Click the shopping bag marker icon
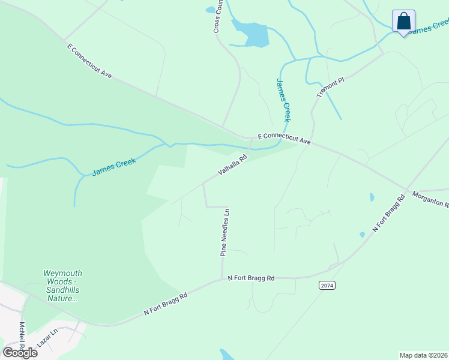pos(404,22)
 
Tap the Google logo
pos(20,352)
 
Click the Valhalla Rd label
pos(232,167)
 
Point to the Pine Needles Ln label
pos(225,233)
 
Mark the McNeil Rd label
pos(22,337)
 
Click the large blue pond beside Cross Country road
pos(252,34)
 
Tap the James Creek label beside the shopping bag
pos(429,28)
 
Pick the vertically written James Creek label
pos(283,100)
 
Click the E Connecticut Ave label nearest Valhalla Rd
pos(284,139)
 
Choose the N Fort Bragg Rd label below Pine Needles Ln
pos(251,278)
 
